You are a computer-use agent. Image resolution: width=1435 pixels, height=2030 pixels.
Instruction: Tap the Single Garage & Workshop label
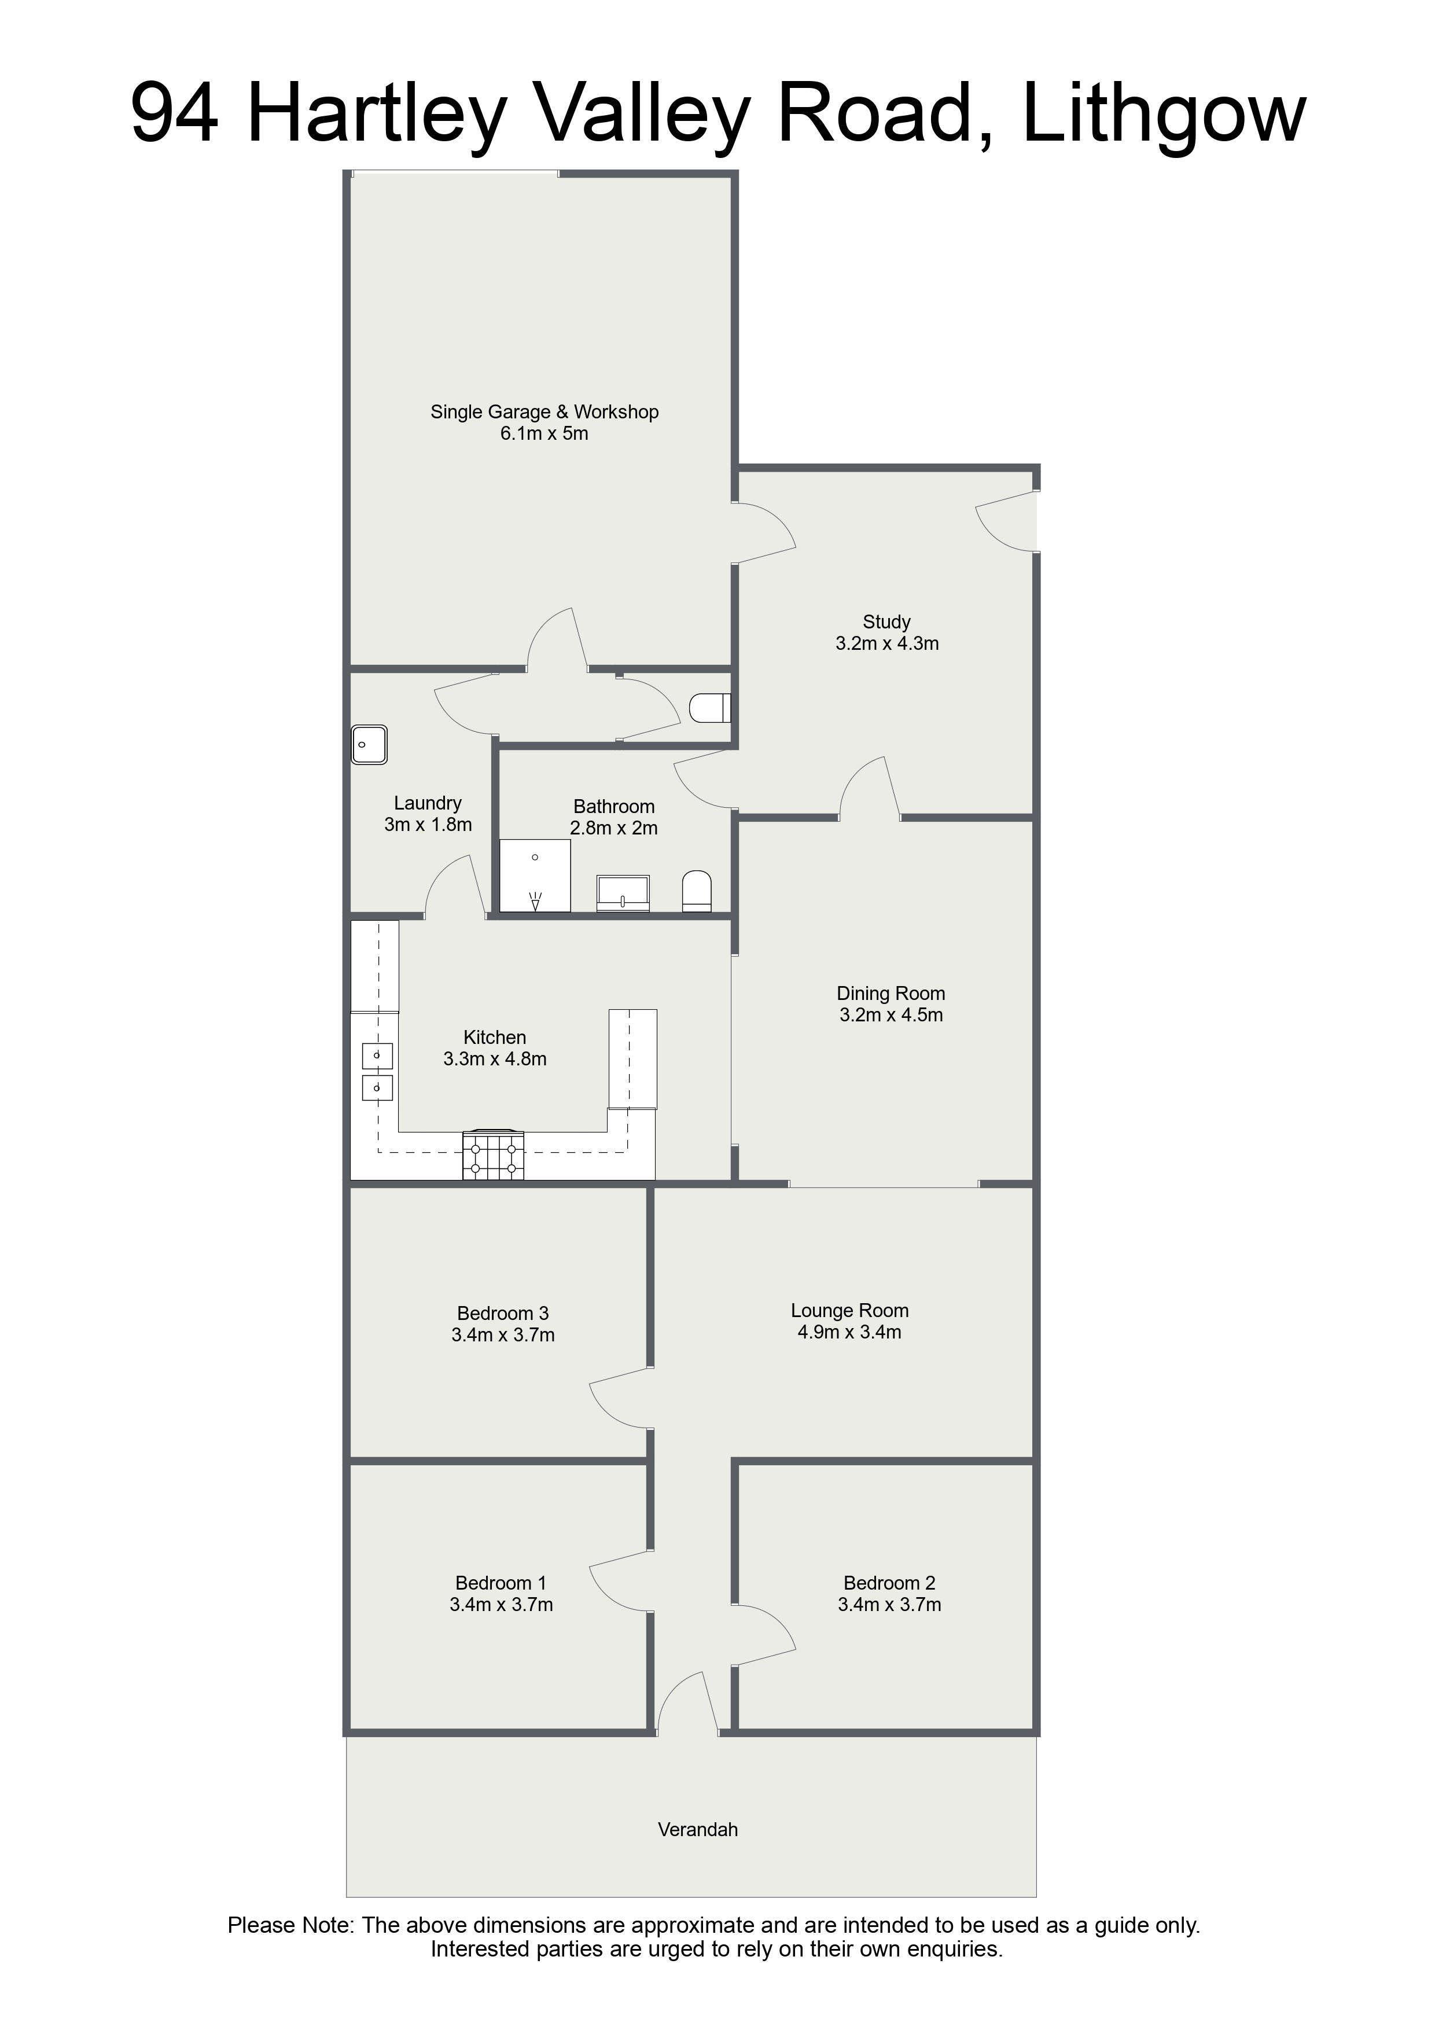click(544, 412)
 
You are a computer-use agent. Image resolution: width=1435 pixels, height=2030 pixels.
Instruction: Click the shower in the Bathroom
click(535, 876)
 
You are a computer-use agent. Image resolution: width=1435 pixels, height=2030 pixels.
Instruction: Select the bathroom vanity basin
click(623, 893)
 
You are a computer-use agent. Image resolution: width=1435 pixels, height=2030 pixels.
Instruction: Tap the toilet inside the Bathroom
click(697, 891)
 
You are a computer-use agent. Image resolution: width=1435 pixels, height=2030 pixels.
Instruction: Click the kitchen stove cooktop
click(494, 1156)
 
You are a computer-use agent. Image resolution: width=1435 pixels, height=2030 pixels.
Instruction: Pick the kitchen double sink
click(377, 1071)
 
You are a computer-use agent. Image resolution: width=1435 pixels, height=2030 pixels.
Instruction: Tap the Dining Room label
click(891, 993)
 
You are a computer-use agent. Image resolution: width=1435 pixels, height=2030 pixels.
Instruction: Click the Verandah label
click(698, 1829)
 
